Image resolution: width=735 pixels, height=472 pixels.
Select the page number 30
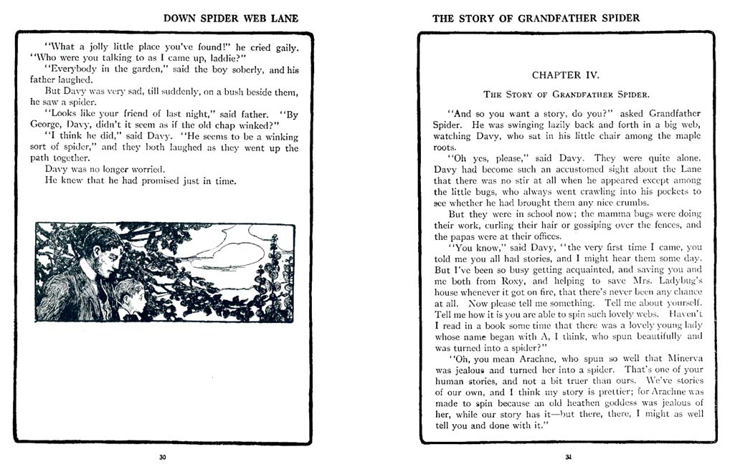point(163,457)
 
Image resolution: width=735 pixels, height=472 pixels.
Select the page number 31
point(568,457)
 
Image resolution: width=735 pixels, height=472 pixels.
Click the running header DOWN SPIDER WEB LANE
point(231,18)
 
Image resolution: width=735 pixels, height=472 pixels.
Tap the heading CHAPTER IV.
point(566,74)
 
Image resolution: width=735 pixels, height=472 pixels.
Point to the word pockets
point(672,192)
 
